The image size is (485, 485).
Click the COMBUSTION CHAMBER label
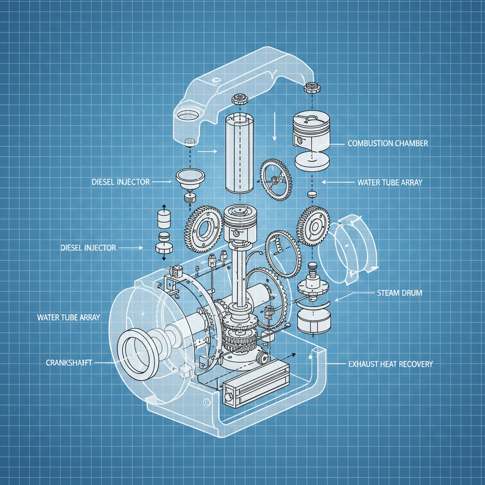(387, 143)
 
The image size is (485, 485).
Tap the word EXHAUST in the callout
(363, 364)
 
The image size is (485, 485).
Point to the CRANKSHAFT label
(69, 362)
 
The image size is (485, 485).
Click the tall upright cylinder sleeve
(240, 154)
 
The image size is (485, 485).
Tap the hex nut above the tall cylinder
(240, 100)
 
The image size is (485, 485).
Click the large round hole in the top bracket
(189, 115)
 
